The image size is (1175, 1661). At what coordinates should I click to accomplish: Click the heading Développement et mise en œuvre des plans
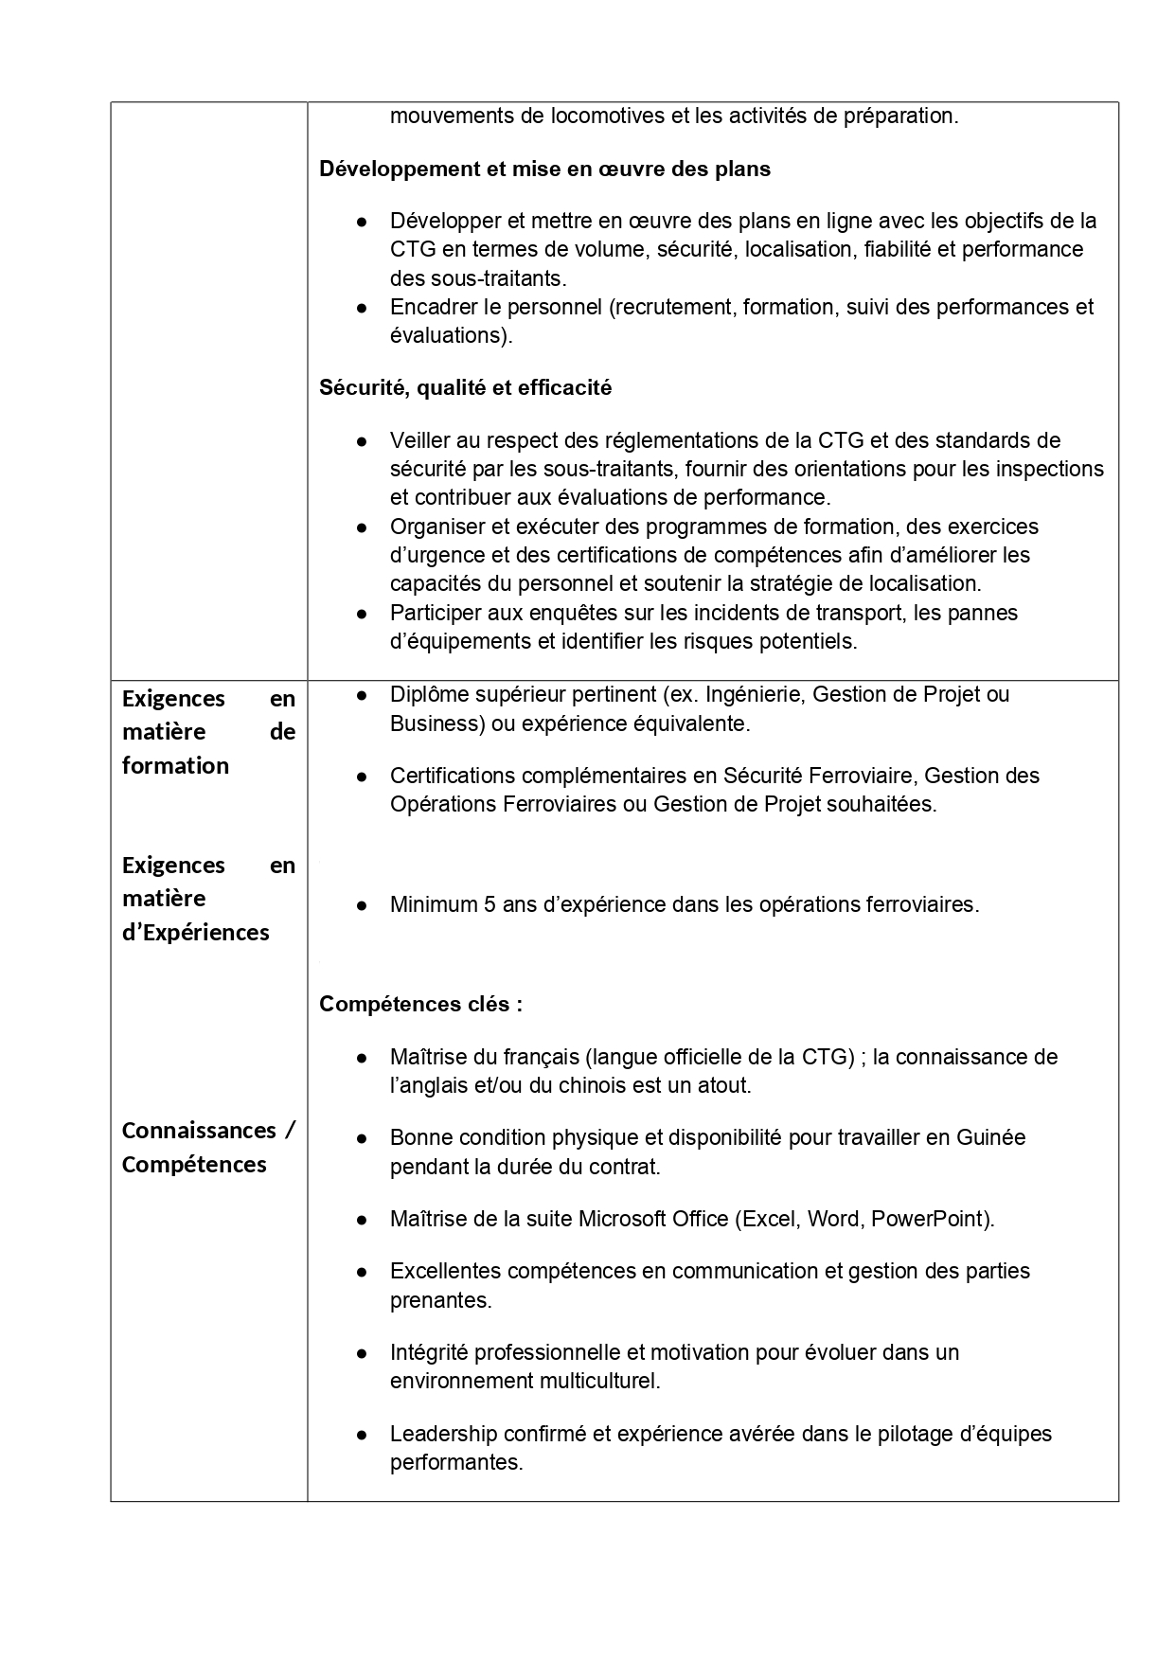[x=544, y=169]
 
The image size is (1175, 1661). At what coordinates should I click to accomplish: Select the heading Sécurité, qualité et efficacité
[x=465, y=387]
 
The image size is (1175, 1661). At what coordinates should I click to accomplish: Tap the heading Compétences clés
[x=420, y=1004]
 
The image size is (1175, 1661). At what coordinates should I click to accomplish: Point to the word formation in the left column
[x=175, y=765]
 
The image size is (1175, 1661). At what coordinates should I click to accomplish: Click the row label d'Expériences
[x=195, y=932]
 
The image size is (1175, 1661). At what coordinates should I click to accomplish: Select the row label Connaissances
[x=198, y=1131]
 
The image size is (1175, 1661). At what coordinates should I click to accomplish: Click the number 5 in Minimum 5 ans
[x=490, y=904]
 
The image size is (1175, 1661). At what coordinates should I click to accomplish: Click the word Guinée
[x=990, y=1137]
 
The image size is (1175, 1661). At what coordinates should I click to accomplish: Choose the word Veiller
[x=420, y=440]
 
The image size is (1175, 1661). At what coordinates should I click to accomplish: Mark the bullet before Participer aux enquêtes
[x=362, y=614]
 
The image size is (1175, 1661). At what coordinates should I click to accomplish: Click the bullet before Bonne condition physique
[x=362, y=1138]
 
